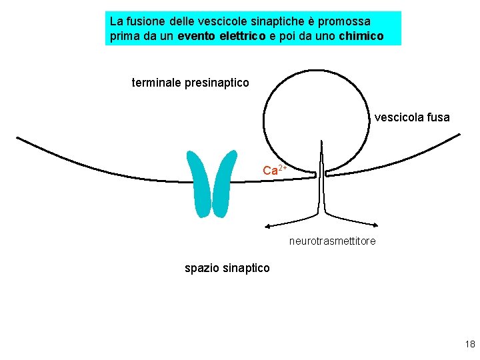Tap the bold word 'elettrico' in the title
pos(240,36)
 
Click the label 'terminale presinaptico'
pos(191,83)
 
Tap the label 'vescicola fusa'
pos(412,117)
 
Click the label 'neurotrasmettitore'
pos(332,241)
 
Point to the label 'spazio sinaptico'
pos(227,268)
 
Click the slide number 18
pos(469,344)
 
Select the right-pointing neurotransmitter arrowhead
pos(377,225)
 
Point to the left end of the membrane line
pos(18,139)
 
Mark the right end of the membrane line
pos(459,135)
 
